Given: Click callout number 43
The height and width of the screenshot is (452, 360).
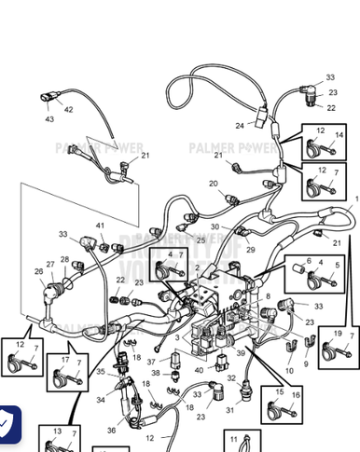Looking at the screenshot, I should click(49, 119).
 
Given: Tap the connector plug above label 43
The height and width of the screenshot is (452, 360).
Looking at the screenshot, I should click(48, 96).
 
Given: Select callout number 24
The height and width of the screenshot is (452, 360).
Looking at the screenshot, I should click(240, 125).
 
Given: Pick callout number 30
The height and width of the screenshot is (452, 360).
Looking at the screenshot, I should click(215, 226).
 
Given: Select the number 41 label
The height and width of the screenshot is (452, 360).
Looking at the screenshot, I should click(100, 226).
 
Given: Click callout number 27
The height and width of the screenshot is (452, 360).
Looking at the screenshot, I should click(50, 264).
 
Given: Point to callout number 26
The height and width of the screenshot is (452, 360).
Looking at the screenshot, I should click(39, 272).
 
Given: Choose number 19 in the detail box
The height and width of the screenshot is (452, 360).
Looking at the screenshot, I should click(337, 333).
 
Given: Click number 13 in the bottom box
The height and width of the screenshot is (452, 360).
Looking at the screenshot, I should click(58, 431).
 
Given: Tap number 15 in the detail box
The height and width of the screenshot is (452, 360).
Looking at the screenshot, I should click(279, 394).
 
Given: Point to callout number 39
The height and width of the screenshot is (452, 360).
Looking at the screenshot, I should click(240, 355).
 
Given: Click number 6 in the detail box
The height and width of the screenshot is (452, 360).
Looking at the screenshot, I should click(309, 262).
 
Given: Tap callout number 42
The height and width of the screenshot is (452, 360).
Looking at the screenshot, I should click(68, 110).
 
